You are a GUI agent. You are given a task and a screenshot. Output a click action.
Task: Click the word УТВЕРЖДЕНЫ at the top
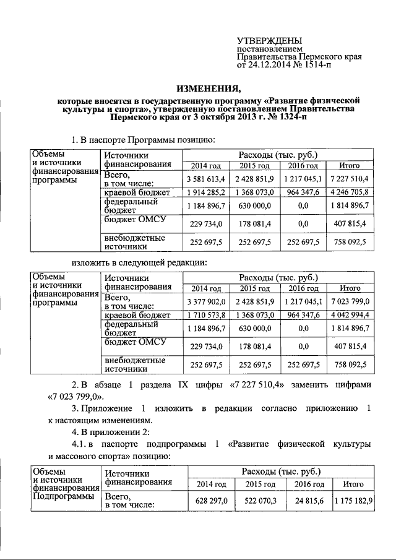(x=269, y=40)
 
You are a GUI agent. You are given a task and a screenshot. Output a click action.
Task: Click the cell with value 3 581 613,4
(x=205, y=179)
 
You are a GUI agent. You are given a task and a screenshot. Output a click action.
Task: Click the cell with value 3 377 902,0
(x=205, y=301)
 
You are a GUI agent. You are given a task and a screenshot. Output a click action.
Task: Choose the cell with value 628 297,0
(x=212, y=499)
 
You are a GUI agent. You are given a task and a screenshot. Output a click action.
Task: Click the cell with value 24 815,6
(x=309, y=499)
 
